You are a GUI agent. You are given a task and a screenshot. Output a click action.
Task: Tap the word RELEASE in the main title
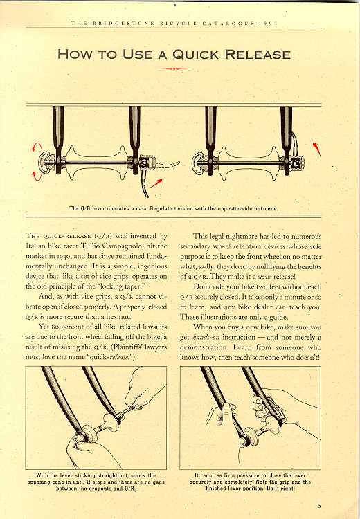(x=258, y=54)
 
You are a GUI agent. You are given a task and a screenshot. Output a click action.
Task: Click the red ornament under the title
(x=174, y=69)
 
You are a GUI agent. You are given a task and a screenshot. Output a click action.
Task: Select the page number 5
(x=320, y=505)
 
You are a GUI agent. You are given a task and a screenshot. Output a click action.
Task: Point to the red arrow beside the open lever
(x=156, y=183)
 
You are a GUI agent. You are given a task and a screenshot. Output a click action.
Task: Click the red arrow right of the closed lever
(x=316, y=149)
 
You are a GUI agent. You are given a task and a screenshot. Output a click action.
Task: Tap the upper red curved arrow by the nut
(x=37, y=147)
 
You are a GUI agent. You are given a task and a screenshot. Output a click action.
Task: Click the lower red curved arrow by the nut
(x=37, y=176)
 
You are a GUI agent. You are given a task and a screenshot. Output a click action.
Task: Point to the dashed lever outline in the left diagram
(x=168, y=165)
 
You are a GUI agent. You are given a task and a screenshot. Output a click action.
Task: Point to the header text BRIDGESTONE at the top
(x=123, y=23)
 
